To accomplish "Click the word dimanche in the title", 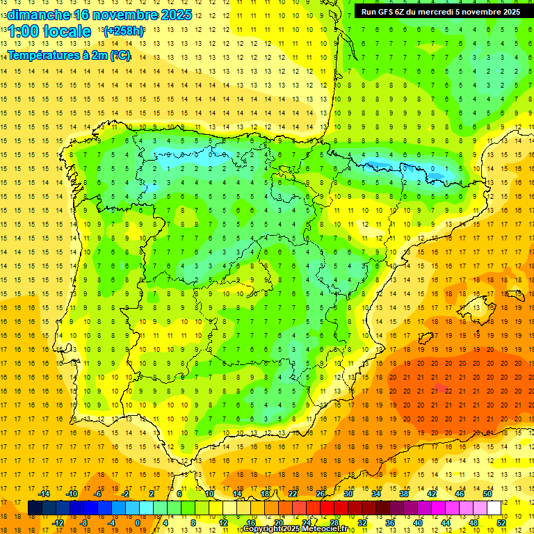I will pyautogui.click(x=38, y=15).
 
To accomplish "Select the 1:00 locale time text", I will pyautogui.click(x=49, y=31).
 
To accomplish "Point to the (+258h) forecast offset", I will pyautogui.click(x=124, y=31).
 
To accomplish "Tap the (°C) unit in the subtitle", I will pyautogui.click(x=118, y=56).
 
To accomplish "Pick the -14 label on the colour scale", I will pyautogui.click(x=44, y=494).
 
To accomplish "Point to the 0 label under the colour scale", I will pyautogui.click(x=137, y=523).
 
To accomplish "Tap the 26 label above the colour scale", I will pyautogui.click(x=321, y=494).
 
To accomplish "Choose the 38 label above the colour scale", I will pyautogui.click(x=404, y=494).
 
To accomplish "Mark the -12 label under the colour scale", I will pyautogui.click(x=58, y=523).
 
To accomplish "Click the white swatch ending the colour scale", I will pyautogui.click(x=494, y=508).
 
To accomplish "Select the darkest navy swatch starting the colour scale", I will pyautogui.click(x=35, y=508).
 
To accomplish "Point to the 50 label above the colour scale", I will pyautogui.click(x=487, y=494).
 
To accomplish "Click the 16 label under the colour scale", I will pyautogui.click(x=251, y=523).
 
